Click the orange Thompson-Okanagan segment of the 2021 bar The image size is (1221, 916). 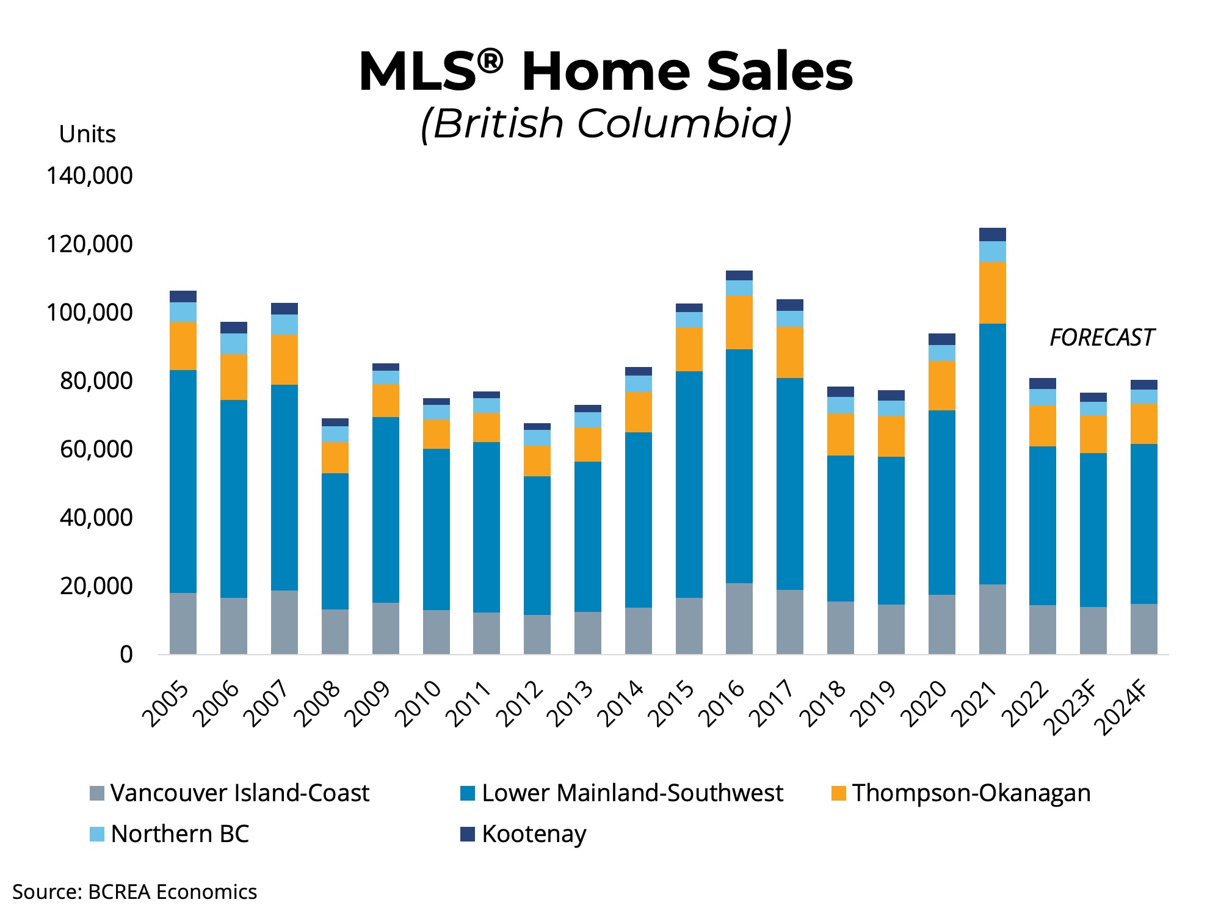pyautogui.click(x=992, y=293)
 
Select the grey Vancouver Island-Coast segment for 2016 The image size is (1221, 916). pyautogui.click(x=739, y=618)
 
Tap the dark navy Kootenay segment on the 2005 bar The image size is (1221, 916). pyautogui.click(x=183, y=296)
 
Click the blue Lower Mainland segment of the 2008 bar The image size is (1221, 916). pyautogui.click(x=335, y=541)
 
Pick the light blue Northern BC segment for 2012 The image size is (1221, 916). pyautogui.click(x=537, y=437)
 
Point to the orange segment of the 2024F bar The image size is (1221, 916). pyautogui.click(x=1143, y=423)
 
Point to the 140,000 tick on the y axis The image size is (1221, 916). pyautogui.click(x=90, y=176)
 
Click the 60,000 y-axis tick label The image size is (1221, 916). pyautogui.click(x=96, y=449)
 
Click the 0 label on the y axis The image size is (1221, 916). pyautogui.click(x=126, y=655)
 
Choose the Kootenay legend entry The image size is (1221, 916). pyautogui.click(x=533, y=834)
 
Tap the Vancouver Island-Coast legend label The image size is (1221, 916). pyautogui.click(x=239, y=793)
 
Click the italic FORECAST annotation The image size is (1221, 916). pyautogui.click(x=1102, y=338)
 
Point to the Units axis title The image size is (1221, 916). pyautogui.click(x=87, y=134)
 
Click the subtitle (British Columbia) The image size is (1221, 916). pyautogui.click(x=606, y=124)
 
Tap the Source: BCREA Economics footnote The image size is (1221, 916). pyautogui.click(x=135, y=892)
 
